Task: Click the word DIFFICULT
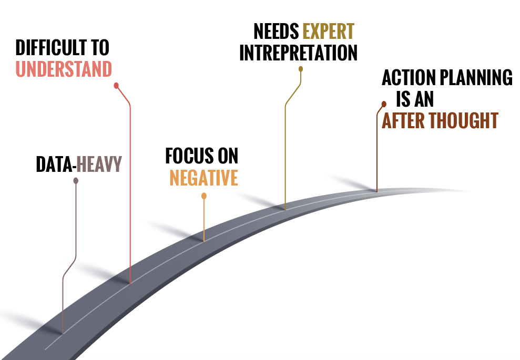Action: coord(52,48)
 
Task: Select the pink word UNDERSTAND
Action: coord(64,69)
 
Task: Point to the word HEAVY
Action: coord(99,164)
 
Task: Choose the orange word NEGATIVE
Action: coord(203,178)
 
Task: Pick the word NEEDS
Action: coord(276,32)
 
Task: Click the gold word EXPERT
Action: coord(329,32)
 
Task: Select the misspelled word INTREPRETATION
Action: coord(298,53)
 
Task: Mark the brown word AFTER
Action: coord(403,120)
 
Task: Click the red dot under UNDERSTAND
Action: coord(116,85)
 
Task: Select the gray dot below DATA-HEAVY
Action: coord(76,181)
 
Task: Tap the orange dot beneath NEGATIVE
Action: coord(204,196)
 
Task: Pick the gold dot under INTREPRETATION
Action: coord(301,69)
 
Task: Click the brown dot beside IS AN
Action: coord(384,104)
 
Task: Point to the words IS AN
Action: coord(415,99)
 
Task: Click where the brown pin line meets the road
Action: coord(376,191)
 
